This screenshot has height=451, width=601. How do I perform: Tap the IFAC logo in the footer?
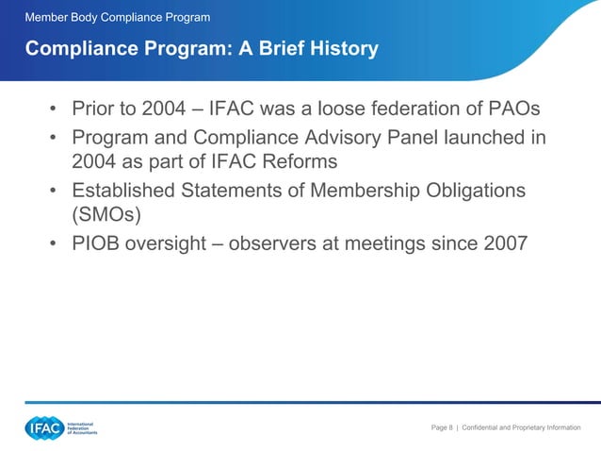(44, 427)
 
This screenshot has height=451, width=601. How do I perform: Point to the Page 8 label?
(441, 428)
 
